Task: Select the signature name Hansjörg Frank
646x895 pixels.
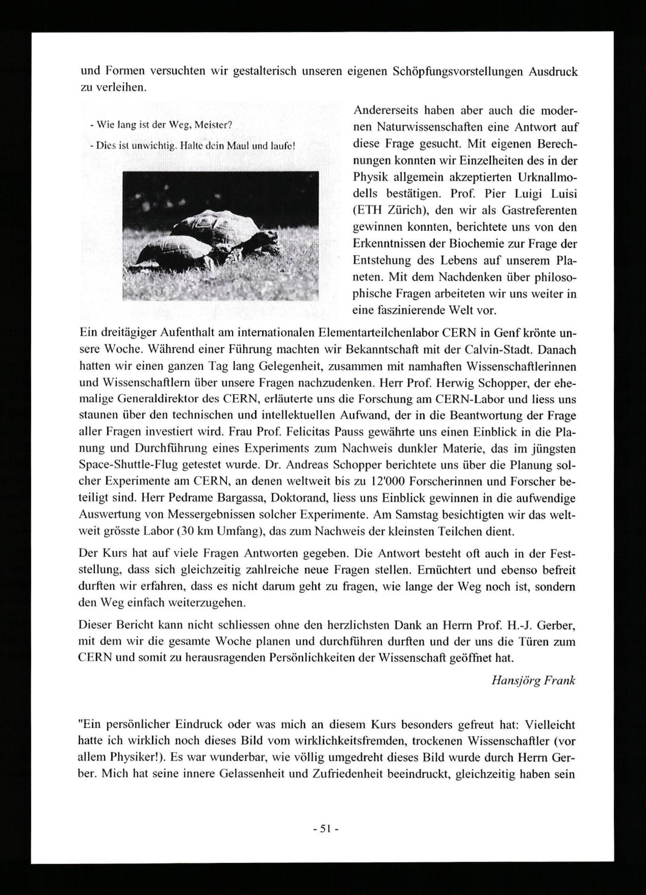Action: [x=533, y=681]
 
